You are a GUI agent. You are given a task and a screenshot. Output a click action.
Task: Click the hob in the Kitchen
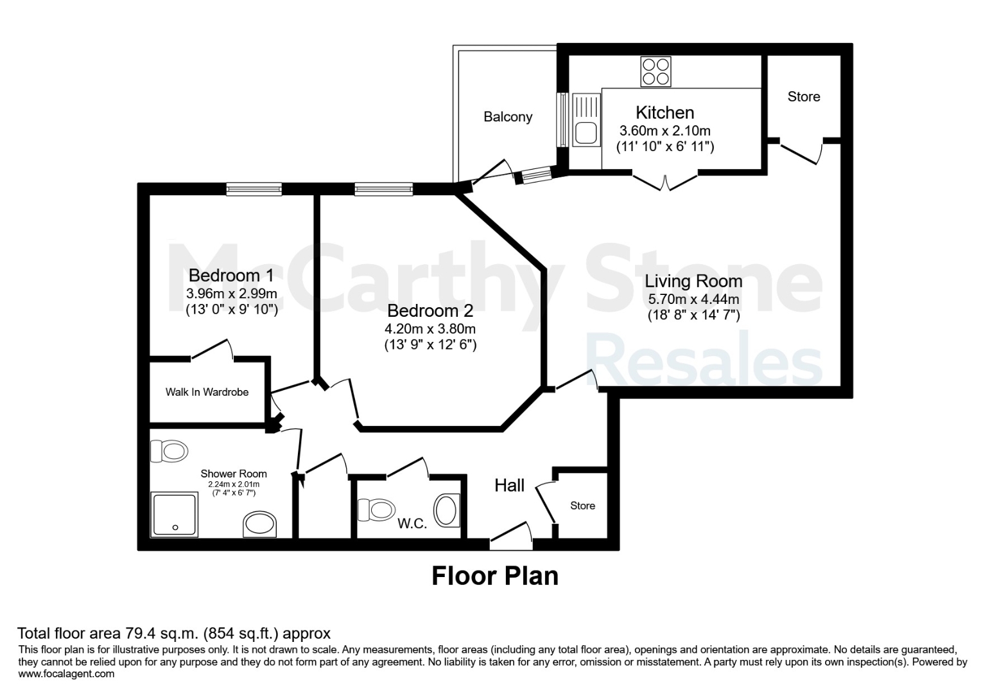(x=656, y=71)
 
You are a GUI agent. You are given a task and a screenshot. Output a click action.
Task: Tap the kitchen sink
(x=586, y=120)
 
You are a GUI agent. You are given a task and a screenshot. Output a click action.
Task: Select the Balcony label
(x=508, y=117)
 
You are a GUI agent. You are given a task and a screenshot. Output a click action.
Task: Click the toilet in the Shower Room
(x=169, y=451)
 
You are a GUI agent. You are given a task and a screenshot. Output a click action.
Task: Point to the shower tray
(x=174, y=515)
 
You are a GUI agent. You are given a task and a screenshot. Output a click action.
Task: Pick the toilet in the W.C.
(x=376, y=510)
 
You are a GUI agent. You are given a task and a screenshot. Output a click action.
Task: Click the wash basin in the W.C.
(x=447, y=510)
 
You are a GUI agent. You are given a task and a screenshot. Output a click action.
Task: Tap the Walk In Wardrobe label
(x=207, y=392)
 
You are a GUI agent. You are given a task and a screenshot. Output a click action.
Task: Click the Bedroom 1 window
(x=254, y=190)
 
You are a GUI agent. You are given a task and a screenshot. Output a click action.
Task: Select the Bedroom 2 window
(x=384, y=190)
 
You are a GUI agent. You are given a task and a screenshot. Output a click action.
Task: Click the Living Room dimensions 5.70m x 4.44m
(x=693, y=299)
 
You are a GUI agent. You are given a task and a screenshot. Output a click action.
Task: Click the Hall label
(x=509, y=485)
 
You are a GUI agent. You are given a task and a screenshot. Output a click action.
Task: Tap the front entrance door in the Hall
(x=511, y=537)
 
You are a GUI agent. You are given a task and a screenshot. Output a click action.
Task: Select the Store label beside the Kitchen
(x=803, y=96)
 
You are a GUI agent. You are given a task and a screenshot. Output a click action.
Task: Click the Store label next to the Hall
(x=582, y=506)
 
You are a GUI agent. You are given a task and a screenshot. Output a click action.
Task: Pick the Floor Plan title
(x=495, y=576)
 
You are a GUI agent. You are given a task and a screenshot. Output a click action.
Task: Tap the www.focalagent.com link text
(x=66, y=674)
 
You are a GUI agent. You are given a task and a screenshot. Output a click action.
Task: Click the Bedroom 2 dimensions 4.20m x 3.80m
(x=430, y=329)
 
